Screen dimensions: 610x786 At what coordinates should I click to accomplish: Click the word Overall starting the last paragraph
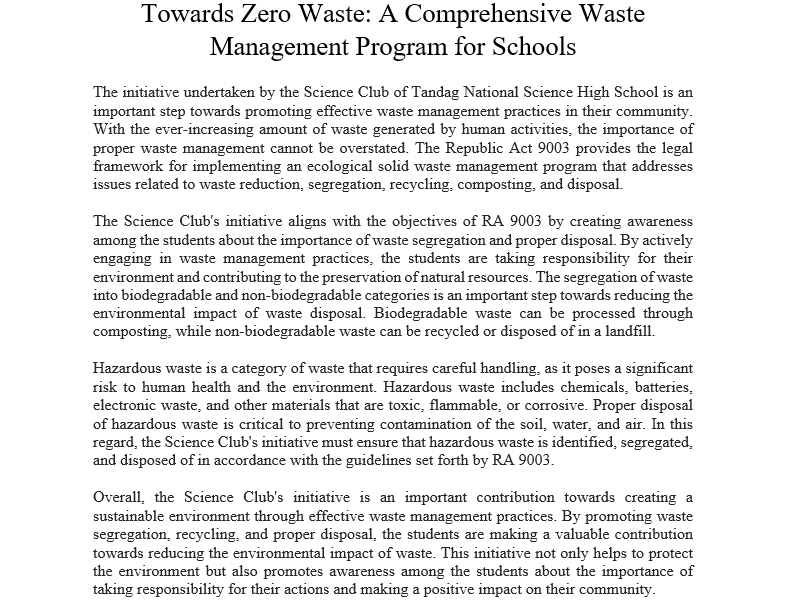pyautogui.click(x=120, y=496)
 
